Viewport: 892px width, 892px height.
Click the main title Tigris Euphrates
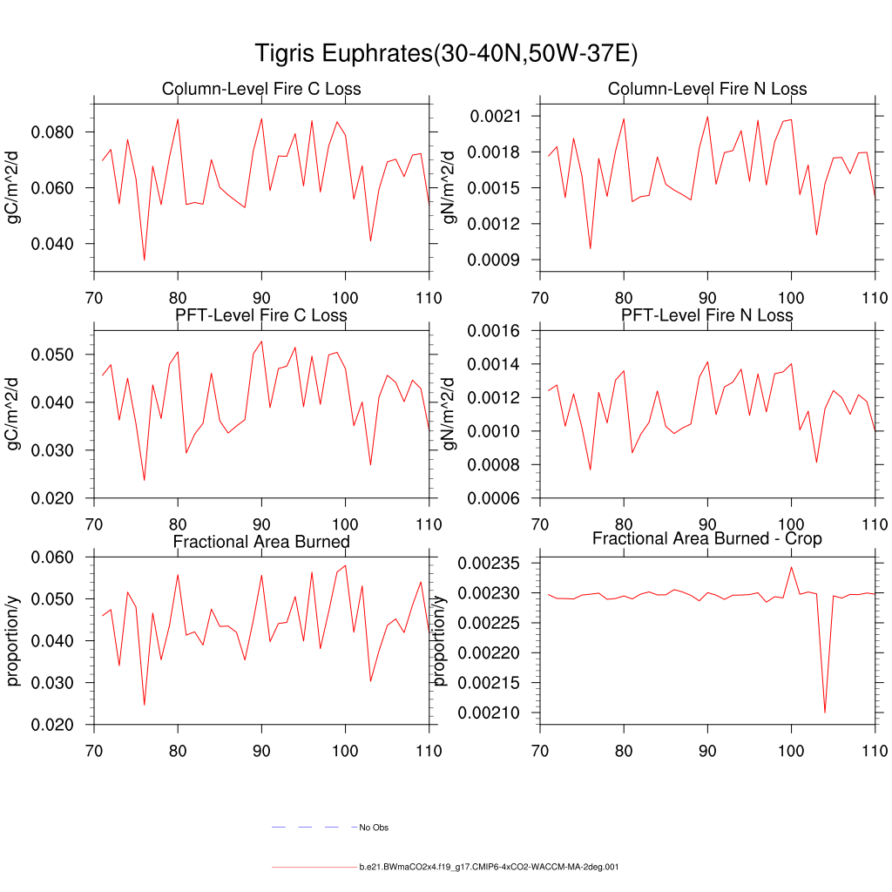[446, 54]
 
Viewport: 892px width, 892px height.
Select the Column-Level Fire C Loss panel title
[261, 89]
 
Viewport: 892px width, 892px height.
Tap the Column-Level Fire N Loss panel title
[707, 89]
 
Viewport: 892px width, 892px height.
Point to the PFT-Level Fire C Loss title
[261, 315]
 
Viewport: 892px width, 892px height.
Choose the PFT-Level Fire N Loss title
[707, 315]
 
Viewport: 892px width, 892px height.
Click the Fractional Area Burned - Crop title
[707, 539]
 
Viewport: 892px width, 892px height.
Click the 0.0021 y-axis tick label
[495, 116]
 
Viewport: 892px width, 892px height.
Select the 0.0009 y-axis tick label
[495, 260]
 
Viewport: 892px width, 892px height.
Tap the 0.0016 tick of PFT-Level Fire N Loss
[495, 331]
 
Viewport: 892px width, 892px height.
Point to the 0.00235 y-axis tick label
[490, 564]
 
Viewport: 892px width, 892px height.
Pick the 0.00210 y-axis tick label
[490, 713]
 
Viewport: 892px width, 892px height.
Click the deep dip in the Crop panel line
[825, 712]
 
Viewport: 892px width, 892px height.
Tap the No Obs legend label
[374, 828]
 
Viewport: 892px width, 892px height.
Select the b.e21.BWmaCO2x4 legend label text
[489, 868]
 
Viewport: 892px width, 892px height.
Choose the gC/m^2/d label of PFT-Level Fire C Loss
[14, 414]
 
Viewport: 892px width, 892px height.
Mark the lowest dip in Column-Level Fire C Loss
[145, 260]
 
